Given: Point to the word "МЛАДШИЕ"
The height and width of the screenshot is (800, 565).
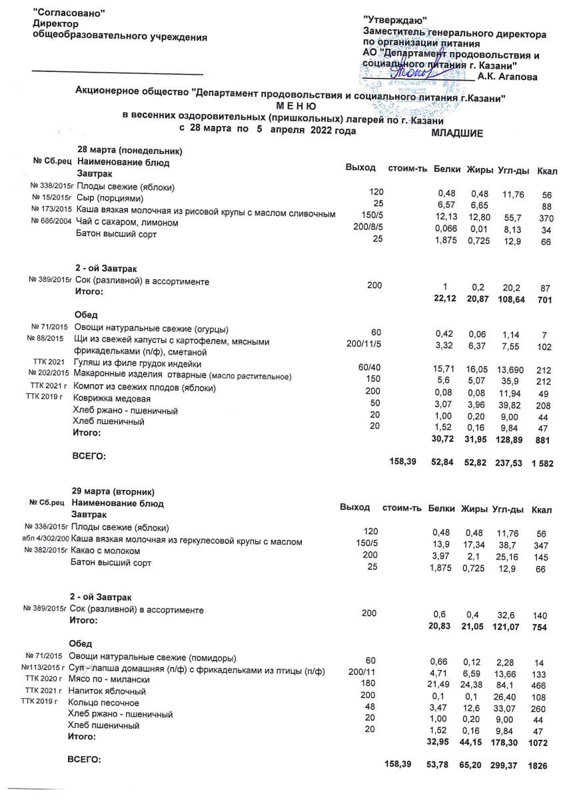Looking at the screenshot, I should [457, 133].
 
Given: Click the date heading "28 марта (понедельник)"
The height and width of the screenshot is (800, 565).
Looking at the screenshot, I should [130, 151].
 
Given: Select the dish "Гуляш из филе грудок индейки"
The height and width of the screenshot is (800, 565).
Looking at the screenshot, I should [138, 364].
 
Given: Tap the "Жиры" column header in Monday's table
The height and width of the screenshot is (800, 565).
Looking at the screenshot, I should [479, 169].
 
